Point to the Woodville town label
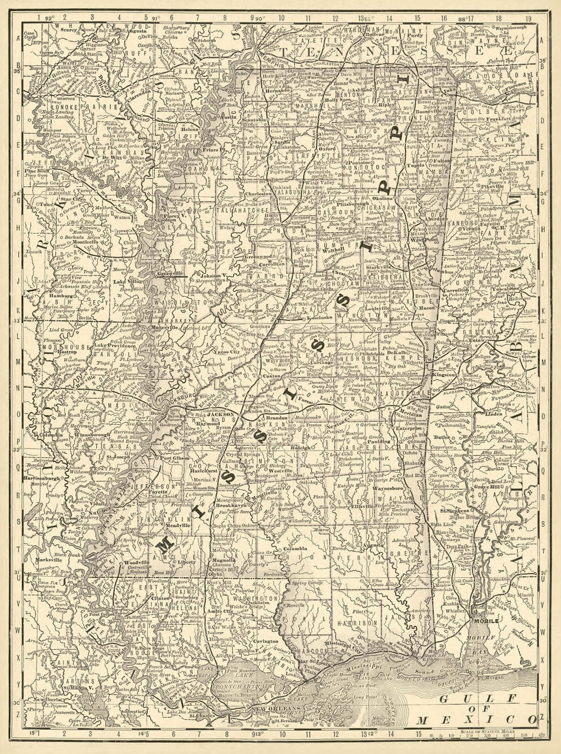tap(135, 563)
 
